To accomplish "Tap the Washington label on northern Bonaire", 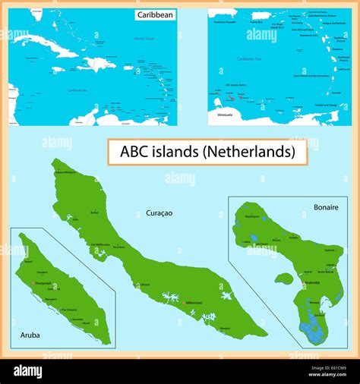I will (253, 217).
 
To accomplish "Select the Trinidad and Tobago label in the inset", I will (325, 105).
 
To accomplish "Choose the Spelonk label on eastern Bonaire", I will (329, 250).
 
